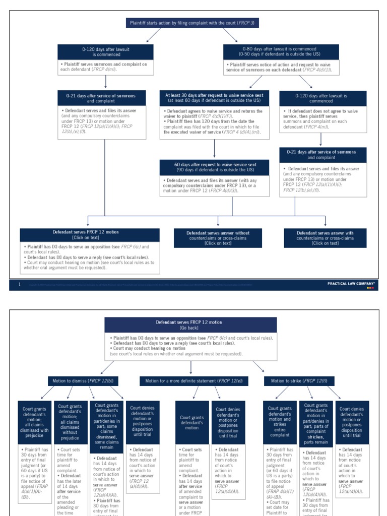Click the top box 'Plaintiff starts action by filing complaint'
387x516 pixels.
point(193,23)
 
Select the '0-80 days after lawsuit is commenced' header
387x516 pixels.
point(282,51)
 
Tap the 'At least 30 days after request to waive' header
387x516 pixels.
point(215,98)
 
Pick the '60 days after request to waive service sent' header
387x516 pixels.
point(215,167)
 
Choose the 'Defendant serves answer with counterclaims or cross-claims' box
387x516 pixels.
point(325,238)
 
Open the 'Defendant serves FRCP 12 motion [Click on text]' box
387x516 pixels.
point(89,235)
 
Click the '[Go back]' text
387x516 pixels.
point(190,328)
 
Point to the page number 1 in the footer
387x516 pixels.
point(19,285)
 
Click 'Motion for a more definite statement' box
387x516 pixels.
point(193,381)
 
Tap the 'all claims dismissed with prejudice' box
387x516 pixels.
point(34,422)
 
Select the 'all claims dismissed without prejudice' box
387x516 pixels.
point(70,422)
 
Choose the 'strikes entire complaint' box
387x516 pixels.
point(280,422)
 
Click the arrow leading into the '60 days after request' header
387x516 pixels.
point(215,149)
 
